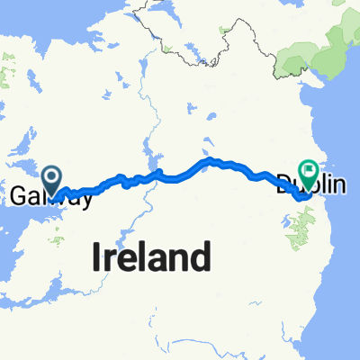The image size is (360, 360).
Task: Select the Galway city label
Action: point(51,197)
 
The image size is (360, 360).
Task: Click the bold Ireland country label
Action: point(153,258)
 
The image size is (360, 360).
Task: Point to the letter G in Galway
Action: point(20,197)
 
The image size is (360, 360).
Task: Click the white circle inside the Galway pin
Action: point(51,175)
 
